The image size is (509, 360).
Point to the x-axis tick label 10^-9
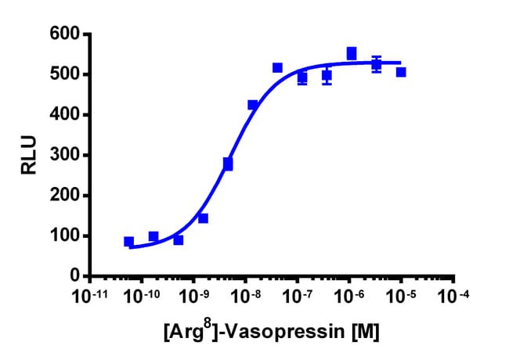(193, 297)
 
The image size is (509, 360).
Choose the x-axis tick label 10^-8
(245, 297)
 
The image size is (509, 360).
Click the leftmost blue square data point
(129, 242)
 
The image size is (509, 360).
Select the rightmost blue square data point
(401, 72)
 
